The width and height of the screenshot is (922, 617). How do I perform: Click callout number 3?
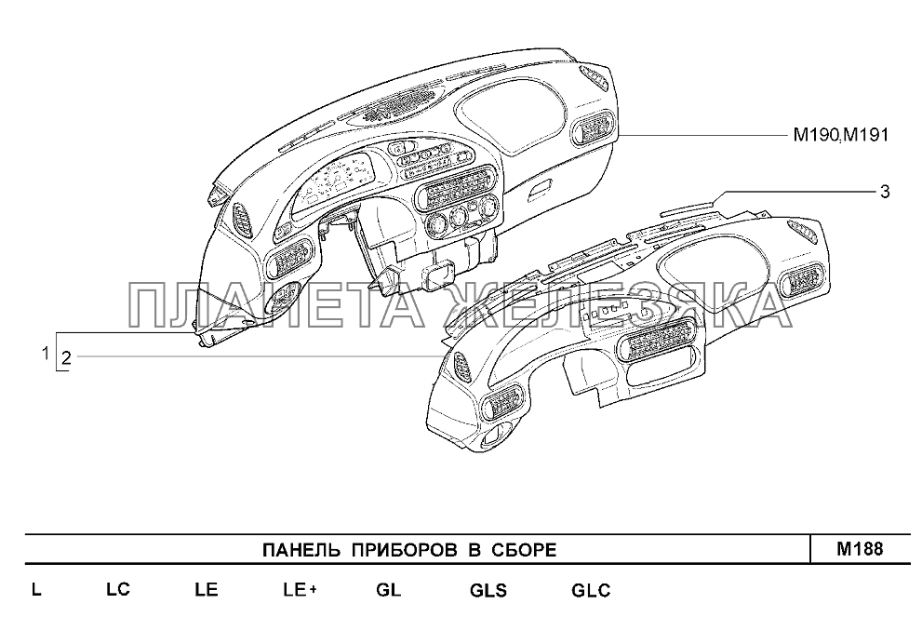coord(885,192)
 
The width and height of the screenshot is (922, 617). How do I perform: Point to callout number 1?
coord(44,353)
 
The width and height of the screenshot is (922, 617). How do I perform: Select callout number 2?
coord(67,356)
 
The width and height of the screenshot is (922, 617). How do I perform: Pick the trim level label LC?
coord(117,590)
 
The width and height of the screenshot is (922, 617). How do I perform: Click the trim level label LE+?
coord(300,590)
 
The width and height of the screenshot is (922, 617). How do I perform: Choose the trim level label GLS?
coord(488,590)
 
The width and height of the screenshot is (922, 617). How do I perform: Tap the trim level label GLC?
coord(591,590)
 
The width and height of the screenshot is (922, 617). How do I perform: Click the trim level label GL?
coord(388,590)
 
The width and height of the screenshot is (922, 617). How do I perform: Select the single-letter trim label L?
coord(35,590)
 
